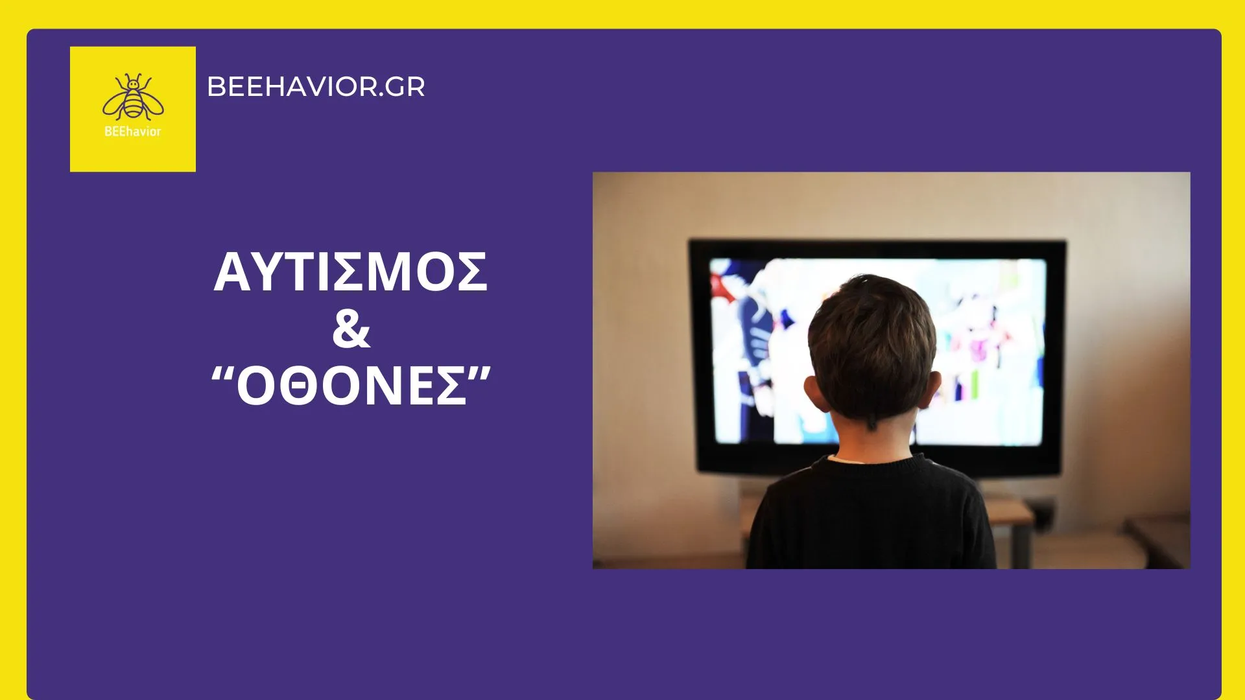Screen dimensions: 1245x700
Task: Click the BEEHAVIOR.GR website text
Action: coord(316,87)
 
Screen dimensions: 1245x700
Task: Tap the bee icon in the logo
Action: coord(133,97)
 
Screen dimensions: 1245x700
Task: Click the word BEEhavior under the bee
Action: coord(133,132)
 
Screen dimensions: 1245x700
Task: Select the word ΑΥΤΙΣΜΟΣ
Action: coord(351,272)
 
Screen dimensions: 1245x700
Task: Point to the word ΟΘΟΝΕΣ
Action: coord(351,386)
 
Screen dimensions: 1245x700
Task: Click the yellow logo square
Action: coord(133,109)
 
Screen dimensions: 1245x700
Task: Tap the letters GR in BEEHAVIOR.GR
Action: coord(405,87)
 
